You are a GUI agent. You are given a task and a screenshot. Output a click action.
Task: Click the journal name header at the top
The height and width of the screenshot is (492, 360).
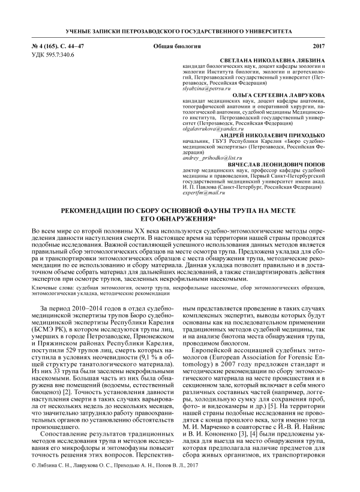[x=179, y=30]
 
